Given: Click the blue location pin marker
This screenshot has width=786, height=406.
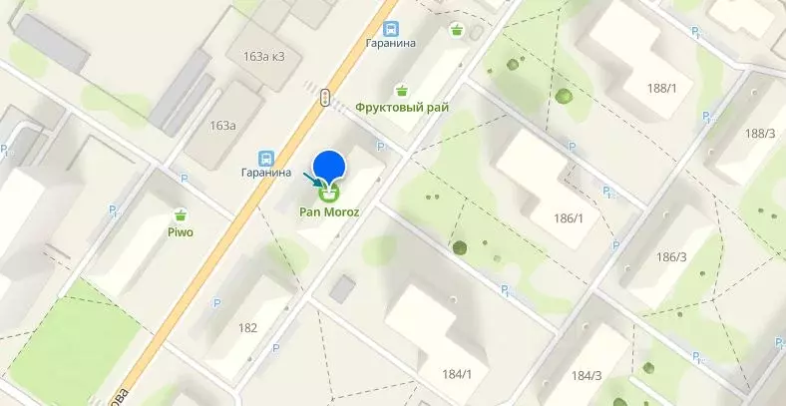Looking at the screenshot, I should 329,166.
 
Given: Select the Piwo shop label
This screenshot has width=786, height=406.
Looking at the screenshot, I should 181,232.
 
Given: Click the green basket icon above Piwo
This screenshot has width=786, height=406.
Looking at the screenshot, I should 181,214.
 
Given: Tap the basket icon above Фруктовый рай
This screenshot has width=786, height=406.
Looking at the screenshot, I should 401,90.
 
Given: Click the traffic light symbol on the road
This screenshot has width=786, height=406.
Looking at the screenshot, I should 325,97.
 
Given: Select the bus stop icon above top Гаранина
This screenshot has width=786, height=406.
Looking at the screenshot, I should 391,29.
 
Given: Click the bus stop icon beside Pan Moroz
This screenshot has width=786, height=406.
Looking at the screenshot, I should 266,158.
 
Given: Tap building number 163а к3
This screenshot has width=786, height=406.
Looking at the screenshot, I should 262,56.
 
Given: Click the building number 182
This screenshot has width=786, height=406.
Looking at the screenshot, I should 248,327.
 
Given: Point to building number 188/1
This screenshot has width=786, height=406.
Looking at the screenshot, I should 661,88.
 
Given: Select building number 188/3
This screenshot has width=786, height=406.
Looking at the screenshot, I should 759,133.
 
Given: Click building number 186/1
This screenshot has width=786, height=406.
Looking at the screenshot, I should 568,216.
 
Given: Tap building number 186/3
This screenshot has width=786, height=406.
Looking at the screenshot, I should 671,257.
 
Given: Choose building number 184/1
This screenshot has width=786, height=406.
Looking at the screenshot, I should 456,374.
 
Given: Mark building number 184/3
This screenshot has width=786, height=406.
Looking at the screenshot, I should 586,375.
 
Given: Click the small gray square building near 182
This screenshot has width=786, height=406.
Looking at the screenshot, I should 342,289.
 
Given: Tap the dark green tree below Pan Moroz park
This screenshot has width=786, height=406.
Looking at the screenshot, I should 460,247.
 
